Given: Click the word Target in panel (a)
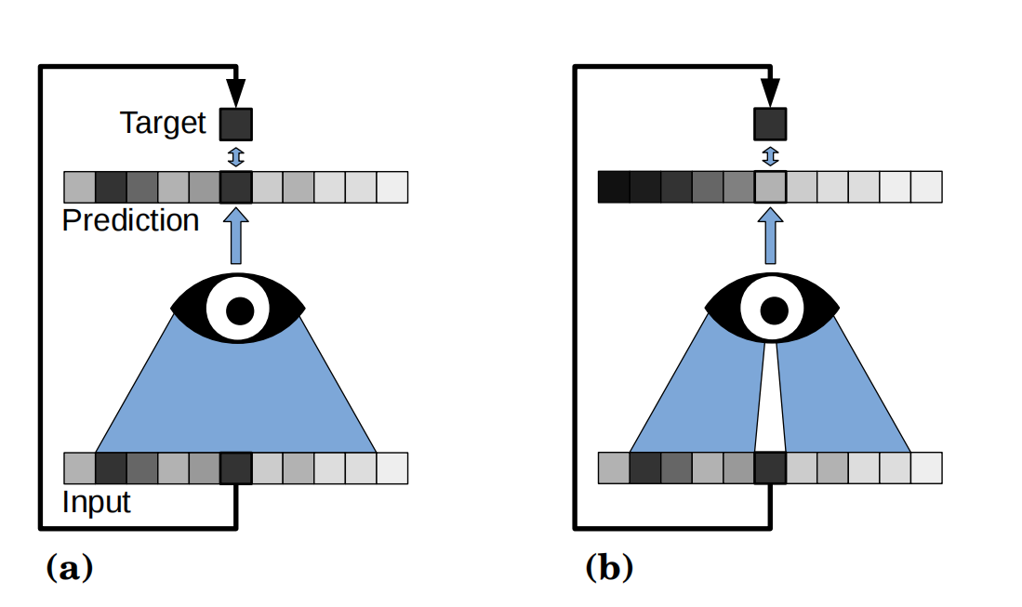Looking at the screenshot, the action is click(163, 123).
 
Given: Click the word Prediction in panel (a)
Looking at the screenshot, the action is click(130, 220).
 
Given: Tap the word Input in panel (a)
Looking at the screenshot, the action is click(97, 502).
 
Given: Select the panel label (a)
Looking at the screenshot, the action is click(70, 567).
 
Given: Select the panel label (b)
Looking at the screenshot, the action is click(609, 567).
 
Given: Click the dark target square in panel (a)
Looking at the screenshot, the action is click(236, 125).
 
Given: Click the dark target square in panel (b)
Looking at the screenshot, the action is click(770, 125).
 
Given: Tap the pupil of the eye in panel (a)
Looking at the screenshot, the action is click(239, 310).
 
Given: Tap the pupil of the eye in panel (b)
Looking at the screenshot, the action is click(774, 310).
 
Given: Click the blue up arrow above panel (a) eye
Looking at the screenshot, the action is click(236, 236).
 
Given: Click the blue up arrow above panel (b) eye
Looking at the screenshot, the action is click(770, 236).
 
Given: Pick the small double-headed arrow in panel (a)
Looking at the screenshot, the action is click(236, 156).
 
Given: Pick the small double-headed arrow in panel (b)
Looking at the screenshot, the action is click(770, 156).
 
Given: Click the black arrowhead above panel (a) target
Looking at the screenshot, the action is click(236, 93).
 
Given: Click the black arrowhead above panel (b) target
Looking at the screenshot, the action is click(770, 93).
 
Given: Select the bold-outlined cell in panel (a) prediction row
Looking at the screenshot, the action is click(236, 187).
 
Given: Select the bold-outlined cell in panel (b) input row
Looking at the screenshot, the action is click(770, 468).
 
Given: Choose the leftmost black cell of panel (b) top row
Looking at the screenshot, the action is click(614, 187).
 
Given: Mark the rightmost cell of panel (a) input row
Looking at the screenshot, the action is click(392, 468).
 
